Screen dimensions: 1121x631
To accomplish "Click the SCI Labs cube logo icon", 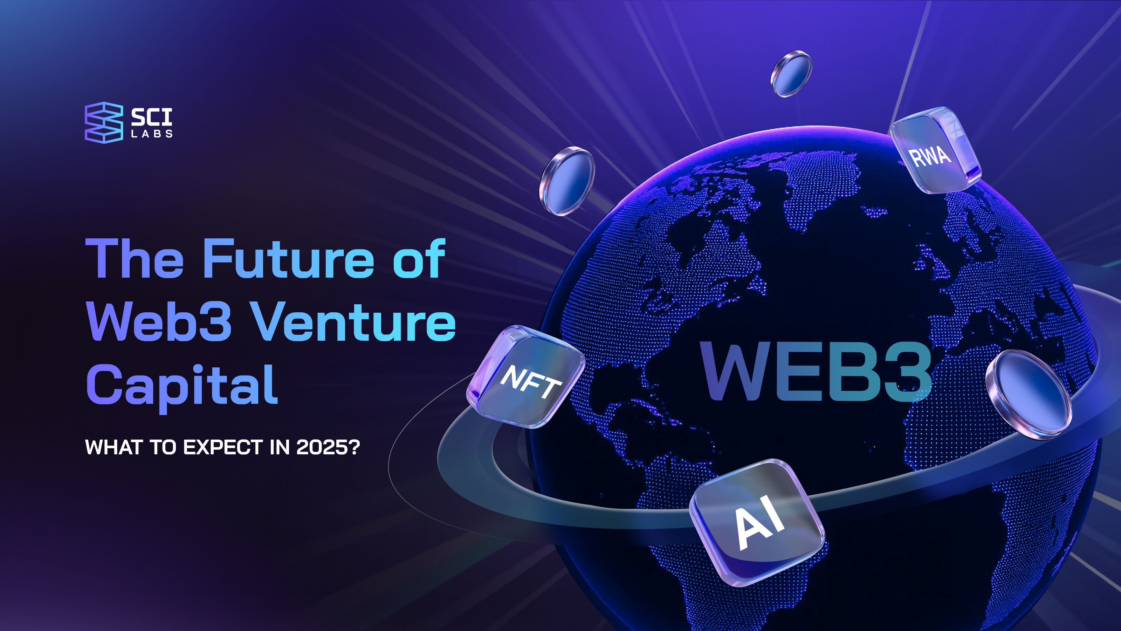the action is (x=104, y=122).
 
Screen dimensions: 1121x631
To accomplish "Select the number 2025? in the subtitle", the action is (x=328, y=447).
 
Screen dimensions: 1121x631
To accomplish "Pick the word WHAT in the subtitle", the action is (x=115, y=447).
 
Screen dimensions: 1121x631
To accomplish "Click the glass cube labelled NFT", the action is (x=526, y=377).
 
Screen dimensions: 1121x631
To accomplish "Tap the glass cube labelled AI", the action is (x=756, y=522).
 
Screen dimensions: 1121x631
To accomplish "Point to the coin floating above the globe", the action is (x=791, y=74).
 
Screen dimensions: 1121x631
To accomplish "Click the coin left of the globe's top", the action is (x=566, y=181).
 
